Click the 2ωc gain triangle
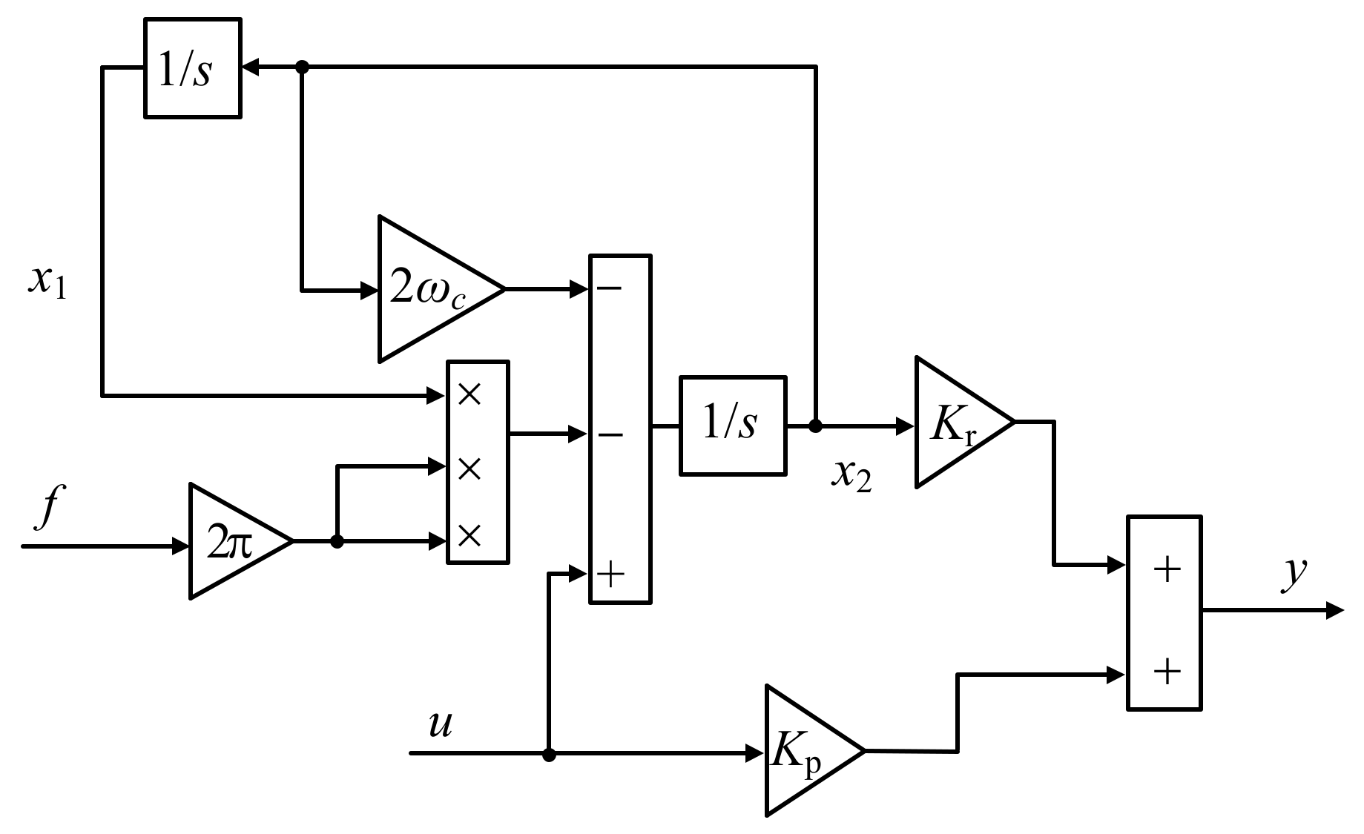tap(430, 289)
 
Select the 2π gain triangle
tap(230, 542)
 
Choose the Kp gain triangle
tap(804, 751)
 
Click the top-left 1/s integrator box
tap(192, 68)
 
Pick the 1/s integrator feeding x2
tap(732, 426)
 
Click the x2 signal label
tap(851, 477)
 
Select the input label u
tap(440, 724)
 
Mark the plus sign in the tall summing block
tap(610, 575)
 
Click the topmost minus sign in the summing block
tap(610, 287)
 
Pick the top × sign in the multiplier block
tap(470, 394)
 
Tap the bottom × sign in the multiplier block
tap(470, 535)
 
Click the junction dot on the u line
tap(549, 755)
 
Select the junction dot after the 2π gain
tap(337, 542)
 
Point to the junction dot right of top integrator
tap(302, 67)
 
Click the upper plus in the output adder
tap(1167, 569)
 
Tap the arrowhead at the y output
tap(1334, 612)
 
